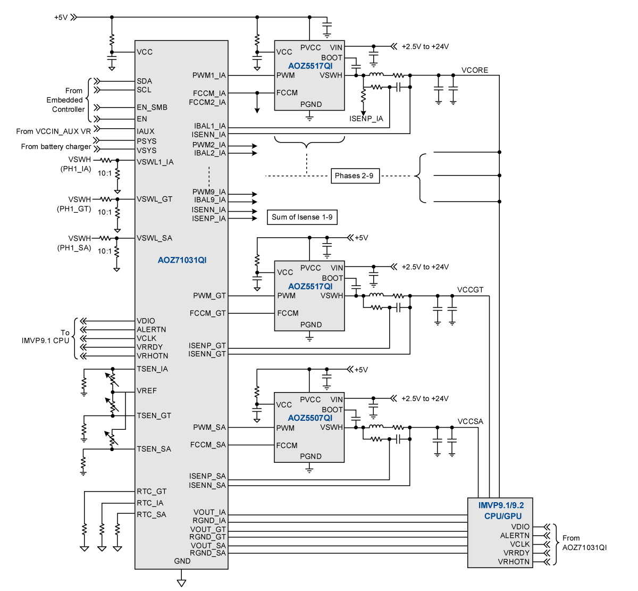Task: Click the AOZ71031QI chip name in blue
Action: click(182, 260)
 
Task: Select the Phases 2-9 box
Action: click(355, 176)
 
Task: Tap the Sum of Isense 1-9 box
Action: click(302, 217)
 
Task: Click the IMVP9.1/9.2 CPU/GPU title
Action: click(501, 511)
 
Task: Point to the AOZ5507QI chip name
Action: click(310, 418)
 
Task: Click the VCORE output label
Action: click(474, 70)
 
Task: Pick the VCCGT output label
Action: click(470, 290)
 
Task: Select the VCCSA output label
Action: click(471, 421)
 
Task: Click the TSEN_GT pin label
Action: click(154, 416)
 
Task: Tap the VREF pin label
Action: click(147, 390)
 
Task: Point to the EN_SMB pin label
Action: click(152, 107)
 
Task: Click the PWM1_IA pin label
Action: click(209, 75)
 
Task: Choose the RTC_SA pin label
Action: click(152, 514)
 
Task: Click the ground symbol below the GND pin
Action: click(181, 582)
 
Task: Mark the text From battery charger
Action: click(56, 147)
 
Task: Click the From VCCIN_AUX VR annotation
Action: click(53, 131)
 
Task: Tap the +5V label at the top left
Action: click(61, 18)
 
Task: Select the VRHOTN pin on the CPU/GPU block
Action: click(514, 562)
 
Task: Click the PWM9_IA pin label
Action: click(209, 192)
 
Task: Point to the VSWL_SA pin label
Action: click(155, 238)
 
